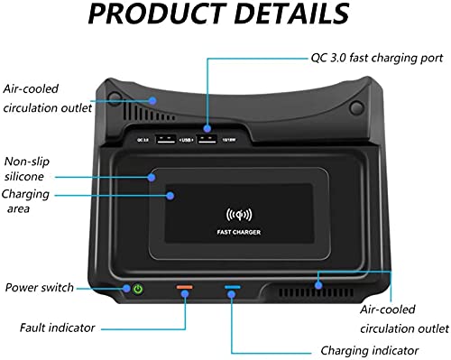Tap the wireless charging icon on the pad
[239, 216]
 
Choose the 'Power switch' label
[40, 288]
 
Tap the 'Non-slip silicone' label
[32, 170]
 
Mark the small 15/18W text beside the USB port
[230, 141]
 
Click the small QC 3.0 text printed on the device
[143, 141]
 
